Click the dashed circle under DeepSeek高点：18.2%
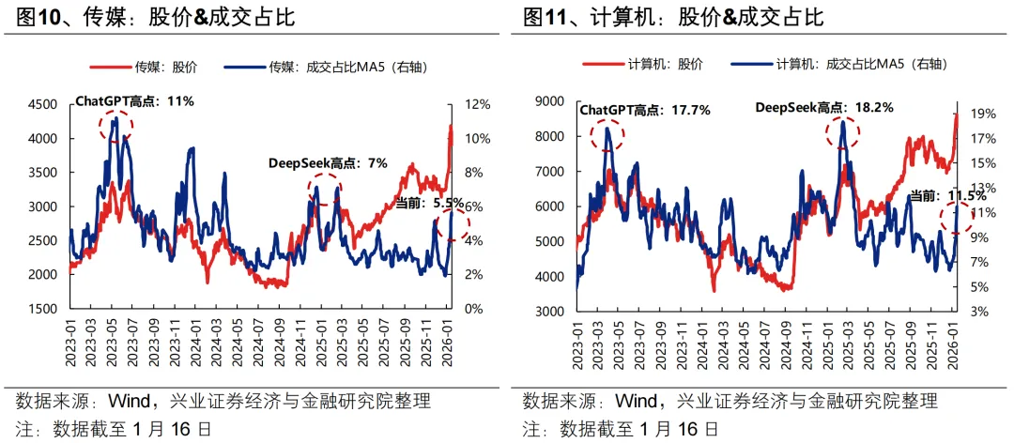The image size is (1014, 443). (x=843, y=132)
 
